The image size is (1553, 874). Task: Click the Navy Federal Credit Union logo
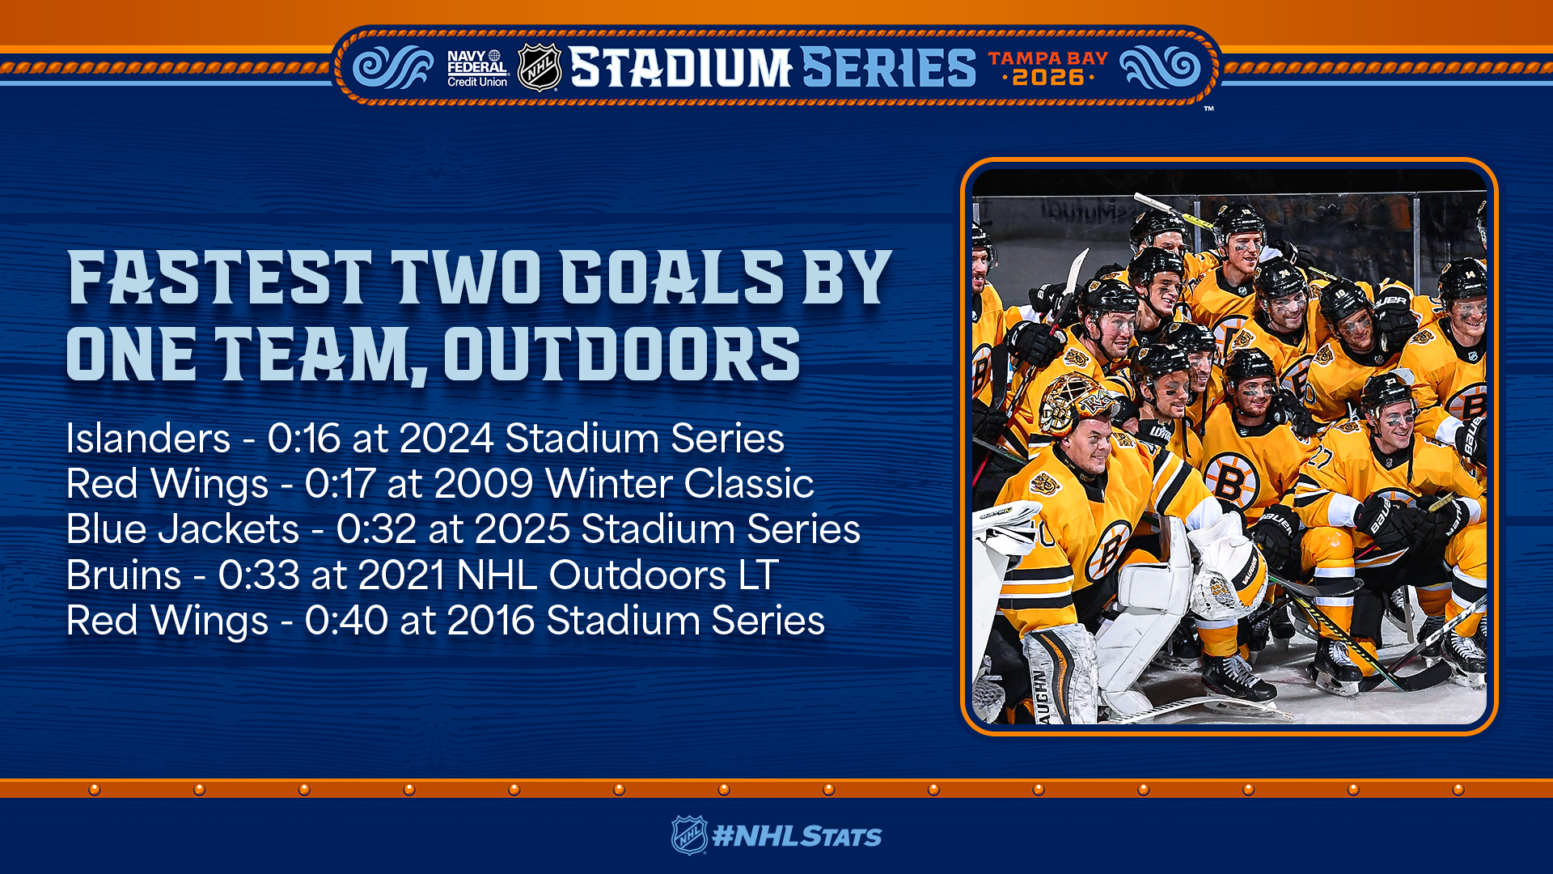coord(477,69)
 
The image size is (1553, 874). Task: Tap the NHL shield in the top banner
coord(540,67)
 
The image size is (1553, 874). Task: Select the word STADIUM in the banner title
coord(680,67)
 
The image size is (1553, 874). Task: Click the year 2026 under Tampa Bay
coord(1047,78)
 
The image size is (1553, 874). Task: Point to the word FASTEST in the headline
coord(219,278)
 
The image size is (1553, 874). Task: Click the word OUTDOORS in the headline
coord(621,354)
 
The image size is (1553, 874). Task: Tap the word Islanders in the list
coord(148,439)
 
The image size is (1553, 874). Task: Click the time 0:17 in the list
coord(340,484)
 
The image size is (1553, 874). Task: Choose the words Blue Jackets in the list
coord(183,529)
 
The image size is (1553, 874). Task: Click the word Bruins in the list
coord(124,575)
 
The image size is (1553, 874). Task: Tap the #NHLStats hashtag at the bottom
coord(797,836)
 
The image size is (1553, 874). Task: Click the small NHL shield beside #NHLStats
coord(689,835)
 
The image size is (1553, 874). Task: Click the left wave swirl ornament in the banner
coord(393,66)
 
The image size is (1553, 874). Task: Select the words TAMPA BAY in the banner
coord(1047,58)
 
